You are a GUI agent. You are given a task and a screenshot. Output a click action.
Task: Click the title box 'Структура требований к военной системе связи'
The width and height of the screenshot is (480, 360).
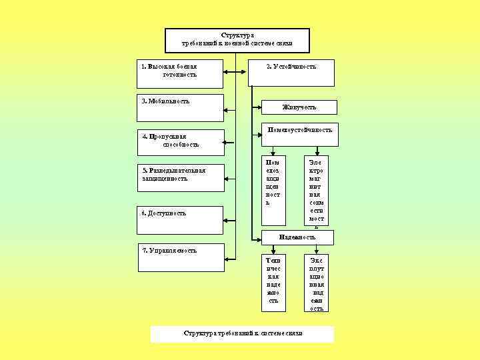(237, 40)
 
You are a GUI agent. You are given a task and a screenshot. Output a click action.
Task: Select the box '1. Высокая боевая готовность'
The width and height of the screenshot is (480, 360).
(180, 73)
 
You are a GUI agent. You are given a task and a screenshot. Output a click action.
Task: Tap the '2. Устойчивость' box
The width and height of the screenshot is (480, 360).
(291, 73)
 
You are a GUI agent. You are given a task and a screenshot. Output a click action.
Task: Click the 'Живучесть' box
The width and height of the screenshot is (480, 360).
(299, 107)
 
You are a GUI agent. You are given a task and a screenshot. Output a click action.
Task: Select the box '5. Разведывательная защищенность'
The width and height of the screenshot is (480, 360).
(180, 177)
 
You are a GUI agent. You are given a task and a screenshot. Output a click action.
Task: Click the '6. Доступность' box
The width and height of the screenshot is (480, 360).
(180, 220)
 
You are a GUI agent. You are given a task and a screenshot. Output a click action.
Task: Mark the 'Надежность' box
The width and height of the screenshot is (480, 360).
(297, 237)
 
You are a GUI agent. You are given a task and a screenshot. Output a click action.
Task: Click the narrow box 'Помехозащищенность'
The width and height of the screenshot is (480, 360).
(273, 190)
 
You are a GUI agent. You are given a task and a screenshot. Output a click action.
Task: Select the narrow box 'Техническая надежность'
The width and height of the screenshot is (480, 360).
(273, 283)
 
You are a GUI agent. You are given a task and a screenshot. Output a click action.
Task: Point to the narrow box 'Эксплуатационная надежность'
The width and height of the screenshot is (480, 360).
(317, 283)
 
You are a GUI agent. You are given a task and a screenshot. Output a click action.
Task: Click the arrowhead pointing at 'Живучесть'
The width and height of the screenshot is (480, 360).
(261, 107)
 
